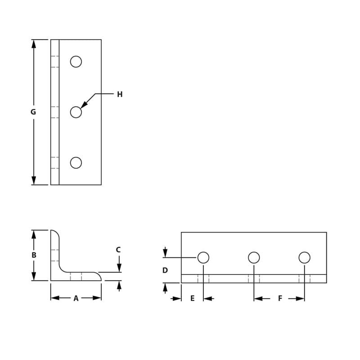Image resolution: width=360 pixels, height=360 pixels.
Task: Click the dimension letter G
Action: pyautogui.click(x=33, y=112)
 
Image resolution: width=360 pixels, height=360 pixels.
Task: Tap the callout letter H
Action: pyautogui.click(x=120, y=94)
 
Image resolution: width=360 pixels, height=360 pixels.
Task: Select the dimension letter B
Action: pyautogui.click(x=34, y=255)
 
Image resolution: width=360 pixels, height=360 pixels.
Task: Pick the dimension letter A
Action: pyautogui.click(x=76, y=298)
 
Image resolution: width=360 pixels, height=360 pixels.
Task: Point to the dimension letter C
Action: pyautogui.click(x=118, y=250)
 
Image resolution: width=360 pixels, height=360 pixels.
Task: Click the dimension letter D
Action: pyautogui.click(x=165, y=270)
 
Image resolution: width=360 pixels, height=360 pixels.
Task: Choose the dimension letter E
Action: pyautogui.click(x=192, y=298)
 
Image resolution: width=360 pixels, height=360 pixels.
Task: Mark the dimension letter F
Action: pyautogui.click(x=280, y=298)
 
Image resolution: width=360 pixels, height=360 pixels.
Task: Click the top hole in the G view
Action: pyautogui.click(x=76, y=62)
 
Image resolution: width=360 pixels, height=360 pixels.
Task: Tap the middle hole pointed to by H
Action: pyautogui.click(x=76, y=112)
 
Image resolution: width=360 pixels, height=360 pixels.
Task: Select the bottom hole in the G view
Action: pyautogui.click(x=76, y=162)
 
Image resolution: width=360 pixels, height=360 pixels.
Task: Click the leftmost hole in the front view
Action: pyautogui.click(x=203, y=257)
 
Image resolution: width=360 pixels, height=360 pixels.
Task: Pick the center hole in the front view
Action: pyautogui.click(x=254, y=257)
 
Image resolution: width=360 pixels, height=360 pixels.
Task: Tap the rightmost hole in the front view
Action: pyautogui.click(x=304, y=257)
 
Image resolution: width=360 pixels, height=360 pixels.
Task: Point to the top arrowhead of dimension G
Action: pyautogui.click(x=33, y=43)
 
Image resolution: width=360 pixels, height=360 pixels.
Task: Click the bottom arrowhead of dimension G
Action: pyautogui.click(x=33, y=181)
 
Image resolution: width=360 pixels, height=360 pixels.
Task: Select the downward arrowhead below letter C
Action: pyautogui.click(x=119, y=268)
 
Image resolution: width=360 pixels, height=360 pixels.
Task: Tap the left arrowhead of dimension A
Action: pyautogui.click(x=54, y=298)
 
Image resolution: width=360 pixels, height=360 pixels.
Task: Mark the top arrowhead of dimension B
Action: pyautogui.click(x=33, y=234)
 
